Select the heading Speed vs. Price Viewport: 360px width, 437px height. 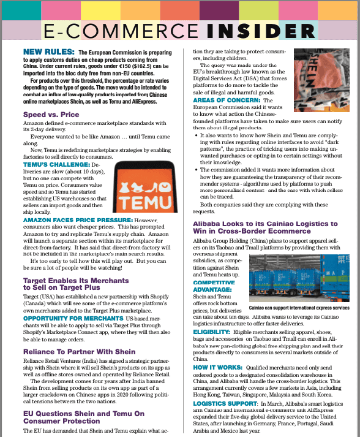click(x=51, y=115)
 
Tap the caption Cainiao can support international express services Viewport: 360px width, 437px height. click(x=299, y=308)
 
